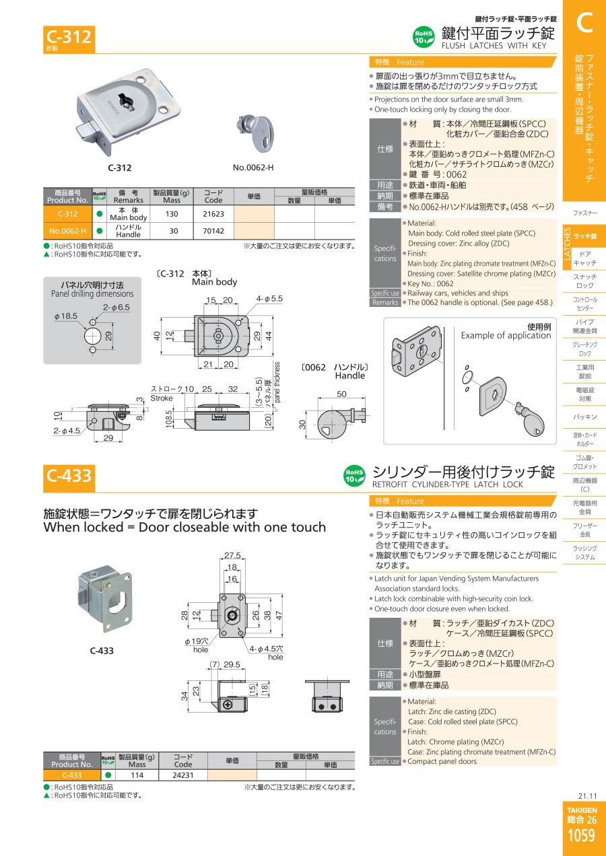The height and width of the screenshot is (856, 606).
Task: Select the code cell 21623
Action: tap(213, 214)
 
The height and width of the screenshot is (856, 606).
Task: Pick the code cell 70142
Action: tap(213, 231)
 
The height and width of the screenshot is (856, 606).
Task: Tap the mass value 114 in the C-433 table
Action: tap(137, 775)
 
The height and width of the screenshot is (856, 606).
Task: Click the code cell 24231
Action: tap(183, 775)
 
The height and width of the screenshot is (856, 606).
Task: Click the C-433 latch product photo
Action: tap(105, 599)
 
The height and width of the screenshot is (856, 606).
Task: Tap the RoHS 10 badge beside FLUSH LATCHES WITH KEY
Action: tap(424, 37)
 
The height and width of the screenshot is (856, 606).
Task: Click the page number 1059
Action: tap(582, 836)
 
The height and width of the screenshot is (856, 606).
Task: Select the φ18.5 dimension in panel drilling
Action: tap(65, 316)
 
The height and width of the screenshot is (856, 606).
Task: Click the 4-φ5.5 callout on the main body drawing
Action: tap(269, 299)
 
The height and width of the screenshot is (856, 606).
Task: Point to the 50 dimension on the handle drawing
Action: tap(341, 394)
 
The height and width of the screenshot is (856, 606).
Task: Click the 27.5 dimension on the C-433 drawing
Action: tap(232, 555)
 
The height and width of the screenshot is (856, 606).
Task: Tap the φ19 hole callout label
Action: tap(197, 641)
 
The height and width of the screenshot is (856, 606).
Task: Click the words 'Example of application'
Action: tap(506, 336)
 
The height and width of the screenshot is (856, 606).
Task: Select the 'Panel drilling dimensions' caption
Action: tap(92, 293)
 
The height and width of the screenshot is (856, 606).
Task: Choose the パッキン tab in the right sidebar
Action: tap(584, 417)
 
